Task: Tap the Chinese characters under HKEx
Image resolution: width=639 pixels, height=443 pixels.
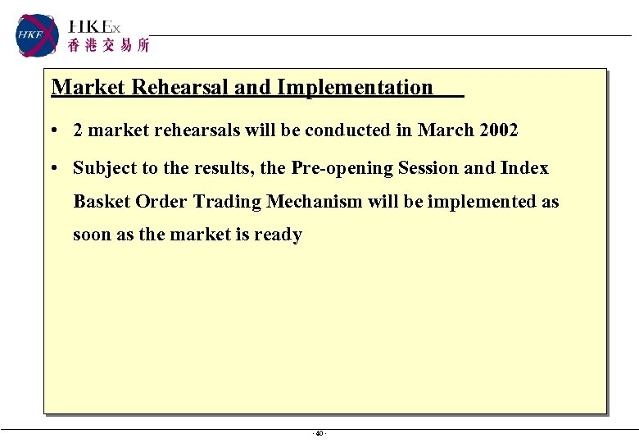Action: [x=109, y=46]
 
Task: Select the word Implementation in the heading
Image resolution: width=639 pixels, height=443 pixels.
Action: [x=355, y=87]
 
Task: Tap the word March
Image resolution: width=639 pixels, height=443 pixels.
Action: [x=442, y=130]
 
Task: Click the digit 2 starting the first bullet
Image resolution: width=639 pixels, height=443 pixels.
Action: [x=78, y=130]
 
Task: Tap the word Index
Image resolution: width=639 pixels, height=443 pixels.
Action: [x=524, y=168]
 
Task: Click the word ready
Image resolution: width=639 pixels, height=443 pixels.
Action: [x=278, y=235]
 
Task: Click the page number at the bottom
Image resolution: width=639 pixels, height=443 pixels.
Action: [x=319, y=433]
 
